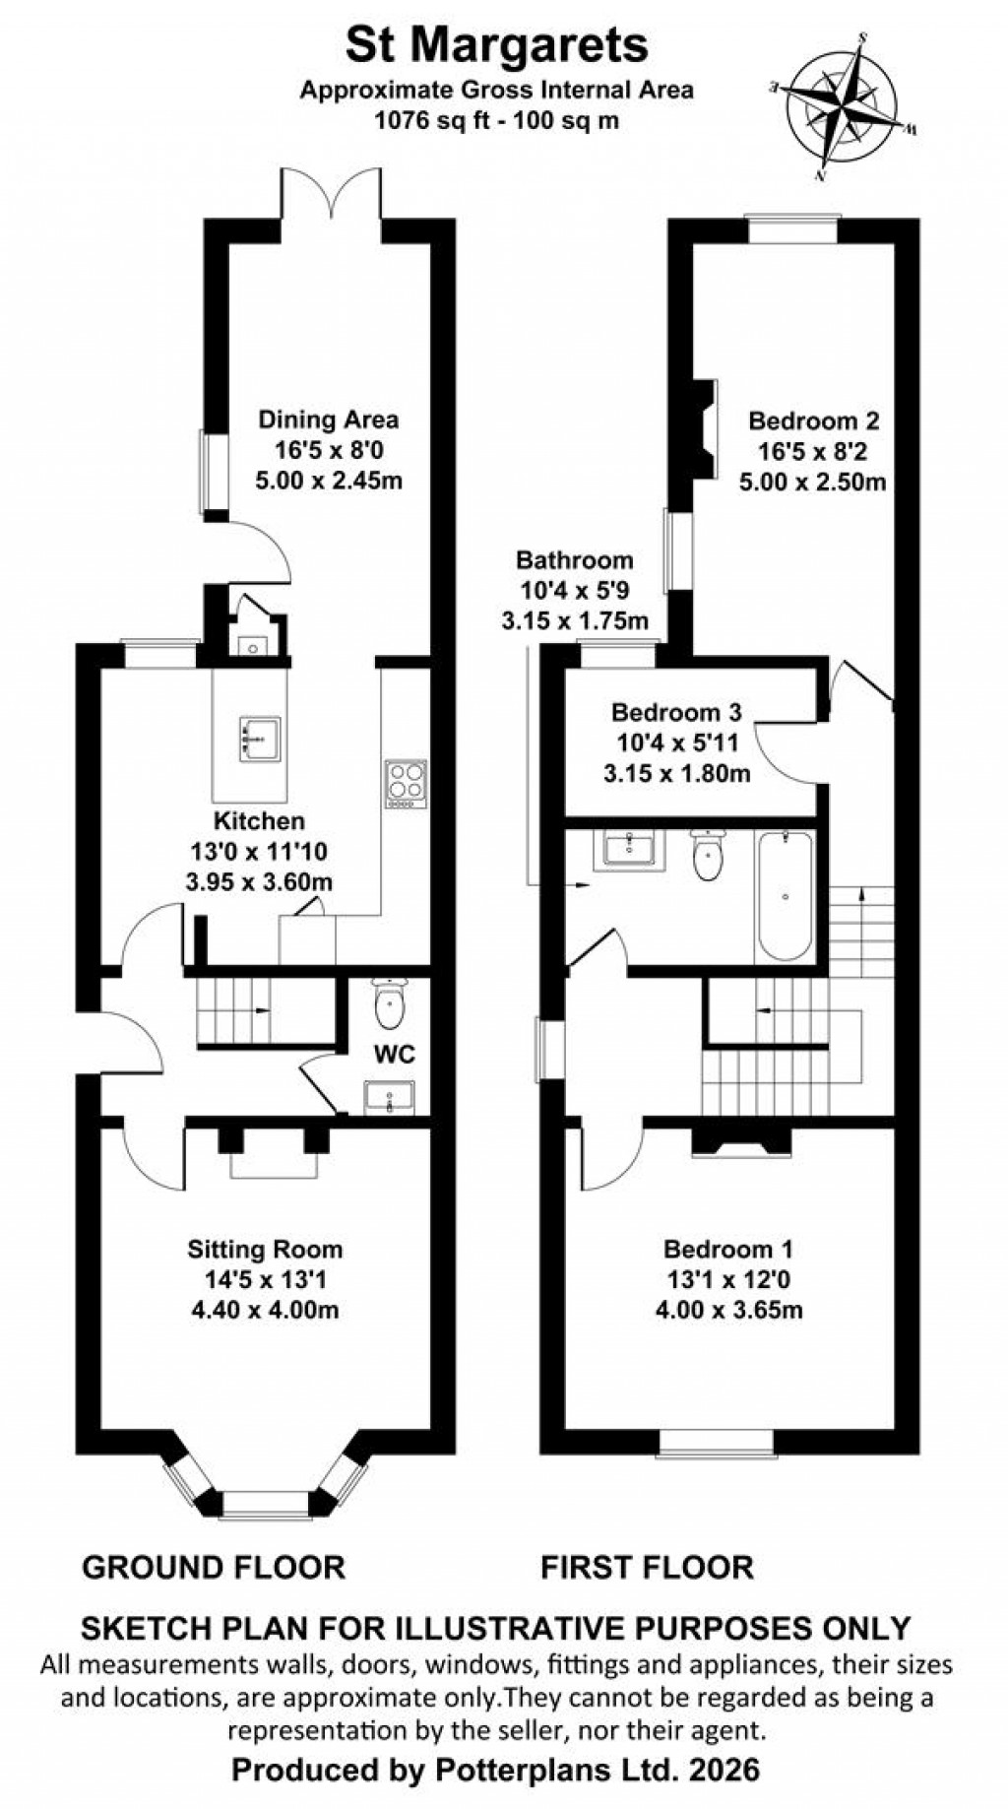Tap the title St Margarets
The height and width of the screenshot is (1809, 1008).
click(496, 44)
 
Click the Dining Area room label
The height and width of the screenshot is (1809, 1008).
click(328, 420)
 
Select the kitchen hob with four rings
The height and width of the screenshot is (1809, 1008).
click(405, 784)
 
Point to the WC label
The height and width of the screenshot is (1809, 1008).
click(394, 1055)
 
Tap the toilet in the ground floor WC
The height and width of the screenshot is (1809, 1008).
click(391, 1003)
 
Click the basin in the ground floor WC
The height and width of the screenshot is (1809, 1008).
click(390, 1096)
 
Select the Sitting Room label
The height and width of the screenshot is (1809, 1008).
click(265, 1250)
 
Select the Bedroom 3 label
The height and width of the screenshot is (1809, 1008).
click(676, 712)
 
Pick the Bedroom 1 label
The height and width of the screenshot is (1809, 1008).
click(727, 1250)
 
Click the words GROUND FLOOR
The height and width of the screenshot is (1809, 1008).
click(214, 1567)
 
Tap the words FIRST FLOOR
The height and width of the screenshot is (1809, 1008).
click(647, 1567)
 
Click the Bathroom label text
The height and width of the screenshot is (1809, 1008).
click(575, 560)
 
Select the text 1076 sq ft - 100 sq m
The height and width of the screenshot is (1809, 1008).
click(496, 120)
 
